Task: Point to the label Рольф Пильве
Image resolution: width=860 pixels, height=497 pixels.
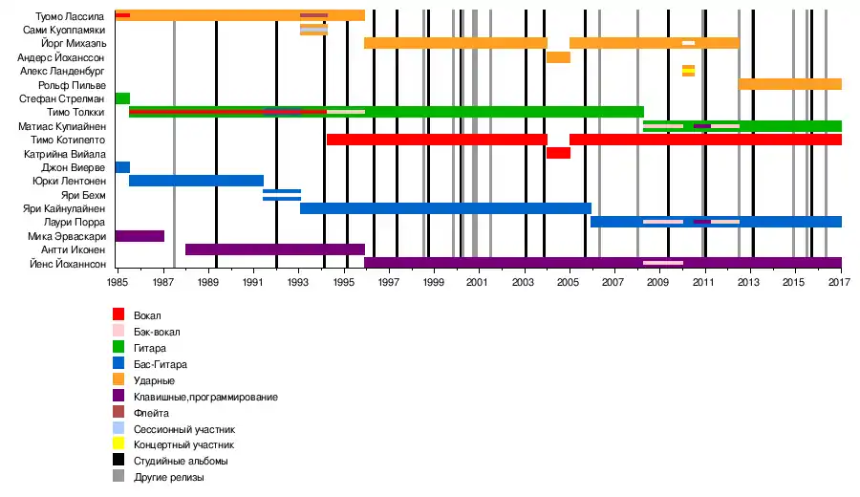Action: click(79, 85)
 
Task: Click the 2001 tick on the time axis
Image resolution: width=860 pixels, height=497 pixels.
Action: click(478, 284)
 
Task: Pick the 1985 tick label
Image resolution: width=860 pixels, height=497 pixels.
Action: click(118, 284)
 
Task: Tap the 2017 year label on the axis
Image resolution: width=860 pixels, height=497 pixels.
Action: click(840, 284)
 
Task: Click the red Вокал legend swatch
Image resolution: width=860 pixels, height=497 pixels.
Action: click(118, 314)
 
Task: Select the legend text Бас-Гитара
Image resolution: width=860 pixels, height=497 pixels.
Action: click(160, 364)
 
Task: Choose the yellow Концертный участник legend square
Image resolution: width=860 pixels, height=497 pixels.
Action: click(118, 444)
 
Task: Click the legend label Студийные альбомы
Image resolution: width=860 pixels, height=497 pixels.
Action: click(181, 461)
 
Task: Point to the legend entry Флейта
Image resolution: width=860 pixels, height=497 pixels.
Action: click(151, 413)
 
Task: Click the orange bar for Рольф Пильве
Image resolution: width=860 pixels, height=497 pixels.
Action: click(789, 84)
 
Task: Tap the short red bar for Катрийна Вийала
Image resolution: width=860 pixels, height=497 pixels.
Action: click(558, 153)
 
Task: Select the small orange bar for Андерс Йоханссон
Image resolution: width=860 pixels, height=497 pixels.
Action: click(558, 57)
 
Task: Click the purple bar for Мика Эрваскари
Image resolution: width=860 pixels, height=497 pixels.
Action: click(140, 235)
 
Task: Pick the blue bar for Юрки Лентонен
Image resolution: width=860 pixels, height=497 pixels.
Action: click(196, 181)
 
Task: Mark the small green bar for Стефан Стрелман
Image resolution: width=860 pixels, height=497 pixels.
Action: click(122, 98)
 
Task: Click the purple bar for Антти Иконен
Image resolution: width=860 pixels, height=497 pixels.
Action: click(274, 249)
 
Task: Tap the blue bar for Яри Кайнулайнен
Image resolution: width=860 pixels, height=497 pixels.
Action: click(445, 208)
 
